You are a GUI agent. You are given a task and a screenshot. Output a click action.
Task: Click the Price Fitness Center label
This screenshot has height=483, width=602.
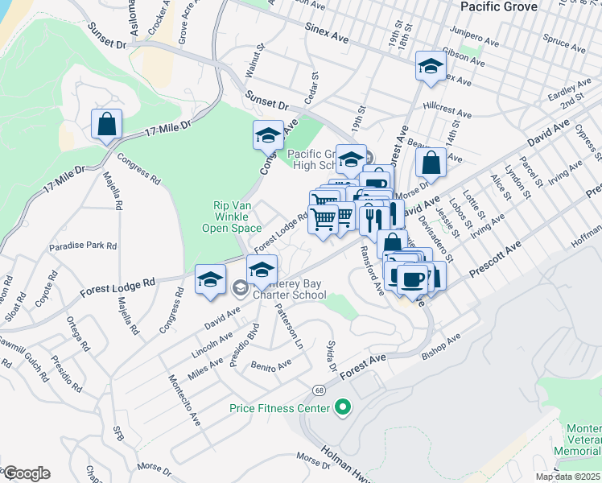[279, 409]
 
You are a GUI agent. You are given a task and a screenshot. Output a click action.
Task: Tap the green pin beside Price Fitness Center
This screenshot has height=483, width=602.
[342, 408]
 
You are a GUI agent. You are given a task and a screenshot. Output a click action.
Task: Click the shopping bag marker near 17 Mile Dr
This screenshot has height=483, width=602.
[106, 126]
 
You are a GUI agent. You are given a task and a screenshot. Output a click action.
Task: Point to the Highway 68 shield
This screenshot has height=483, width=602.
[319, 390]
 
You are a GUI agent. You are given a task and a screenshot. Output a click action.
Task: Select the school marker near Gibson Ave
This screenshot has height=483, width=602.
[431, 67]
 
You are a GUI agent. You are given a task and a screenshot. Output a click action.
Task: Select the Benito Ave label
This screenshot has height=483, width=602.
[270, 366]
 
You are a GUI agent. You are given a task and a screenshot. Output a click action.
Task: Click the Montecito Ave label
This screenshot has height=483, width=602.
[183, 398]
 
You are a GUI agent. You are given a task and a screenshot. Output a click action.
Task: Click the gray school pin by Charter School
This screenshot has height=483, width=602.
[239, 287]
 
